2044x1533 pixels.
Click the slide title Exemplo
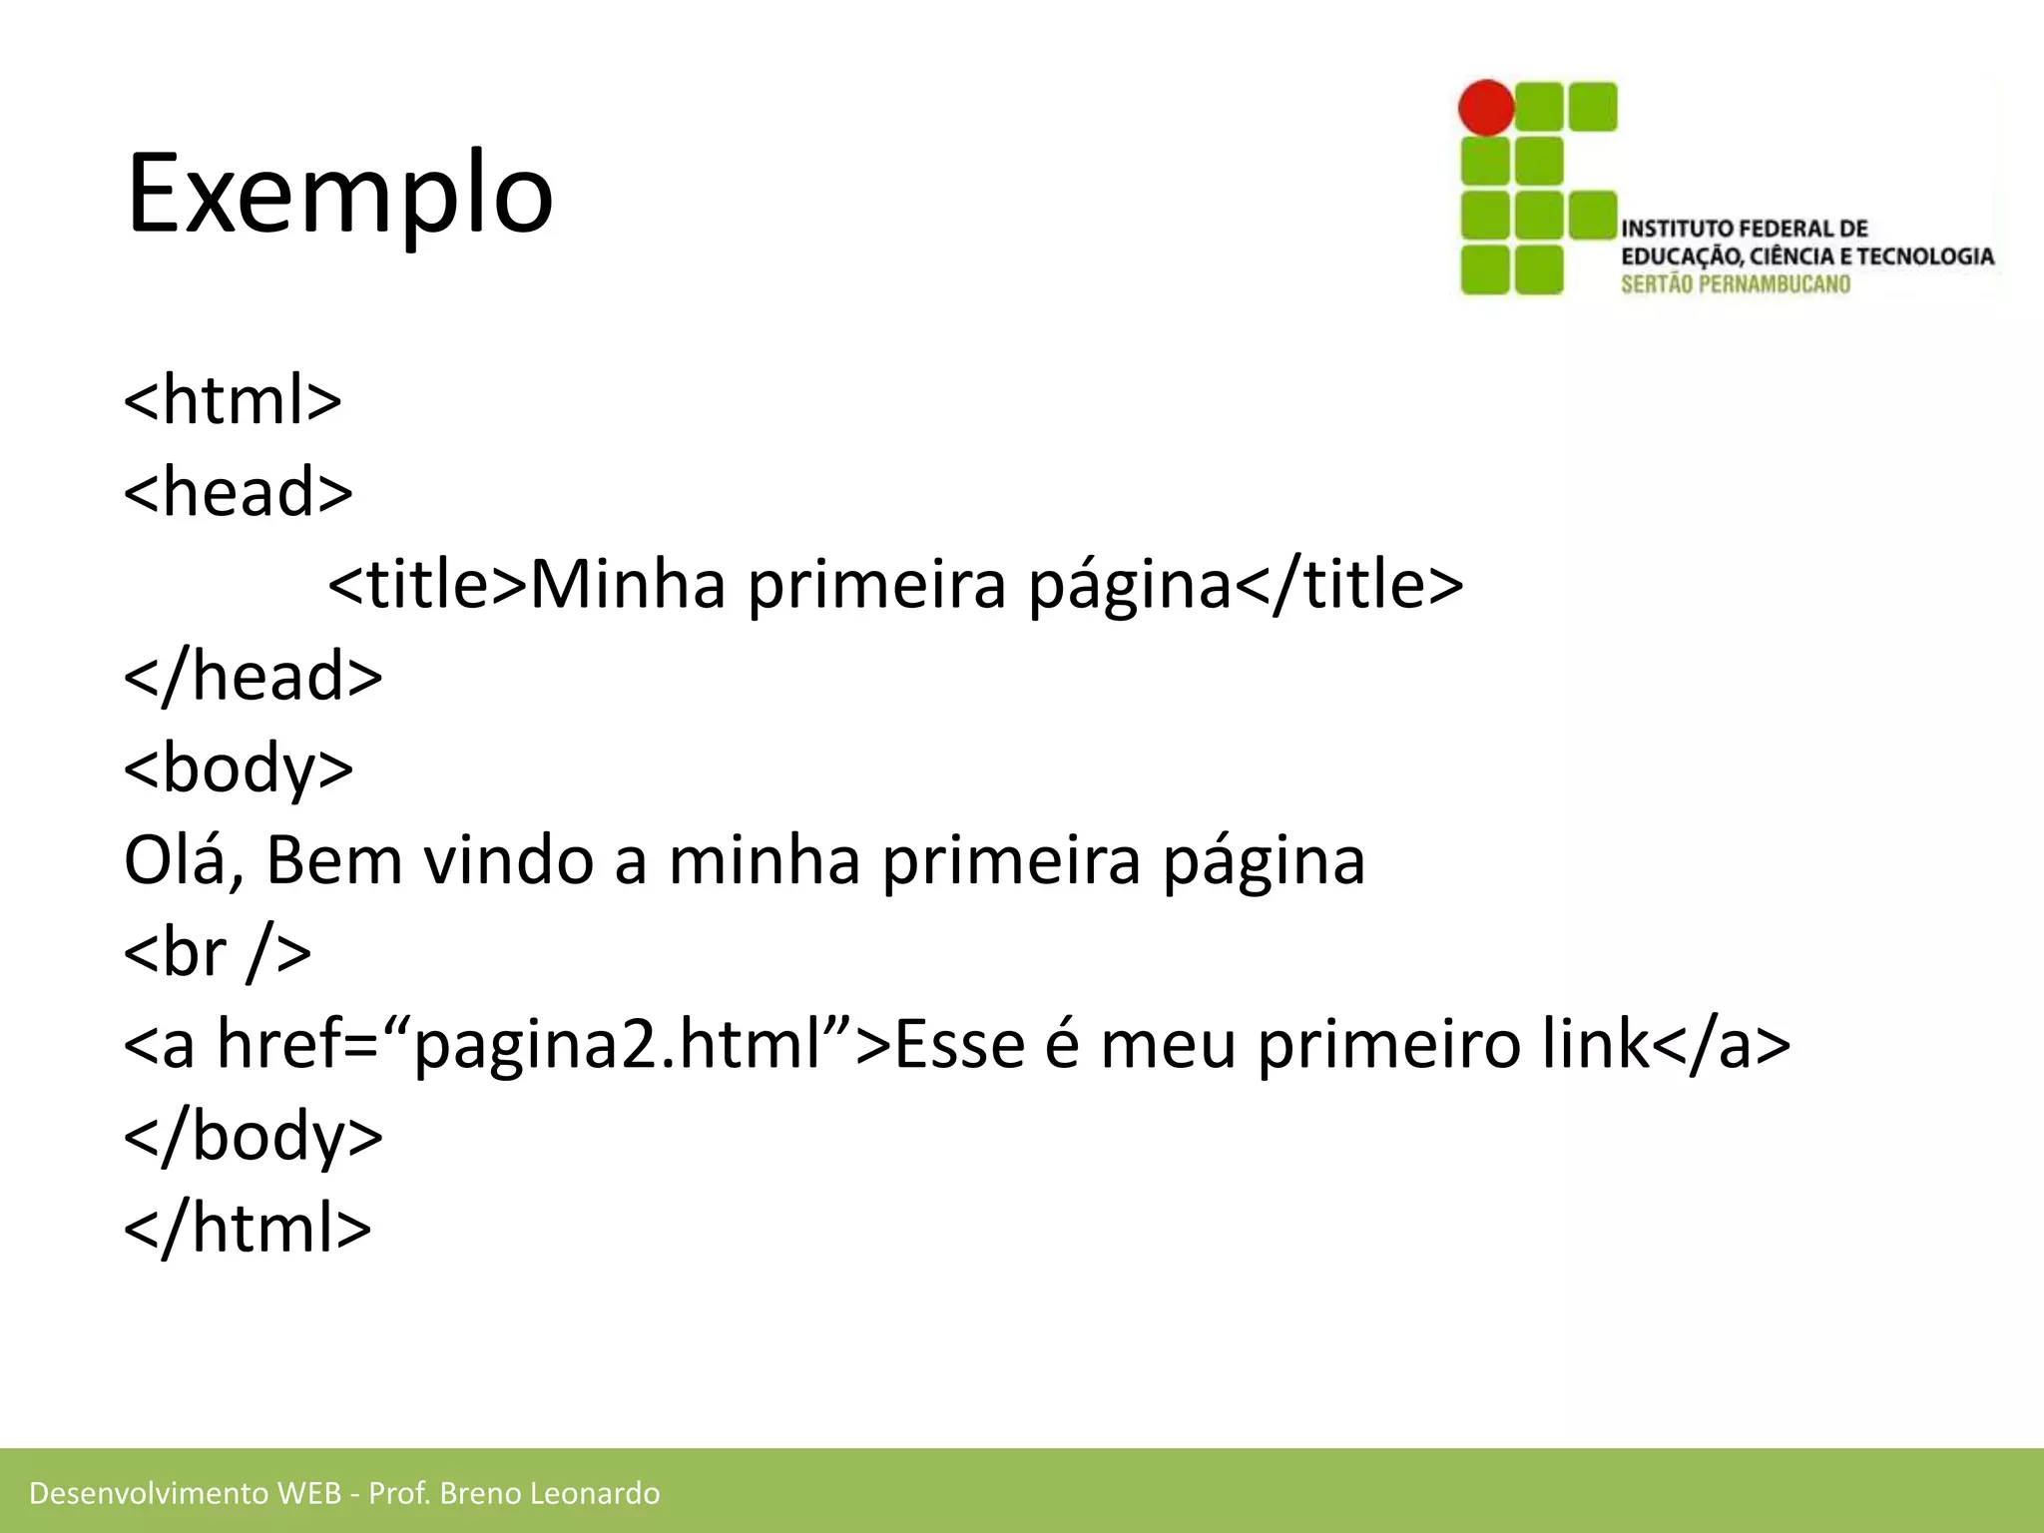[339, 195]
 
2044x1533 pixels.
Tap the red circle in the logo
[1486, 108]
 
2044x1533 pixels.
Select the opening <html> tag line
[233, 400]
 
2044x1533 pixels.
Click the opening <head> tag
[238, 492]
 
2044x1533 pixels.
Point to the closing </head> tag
[253, 677]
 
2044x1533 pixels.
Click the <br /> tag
[217, 953]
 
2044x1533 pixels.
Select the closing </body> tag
[253, 1137]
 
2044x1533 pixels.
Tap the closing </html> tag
[247, 1229]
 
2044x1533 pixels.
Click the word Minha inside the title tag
[628, 585]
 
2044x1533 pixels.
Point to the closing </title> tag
[1349, 585]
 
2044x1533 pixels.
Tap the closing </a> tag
[1722, 1045]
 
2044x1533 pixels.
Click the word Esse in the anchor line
[959, 1045]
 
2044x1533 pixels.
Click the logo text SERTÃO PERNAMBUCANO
[1735, 284]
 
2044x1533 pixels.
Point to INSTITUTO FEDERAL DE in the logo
[1744, 229]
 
